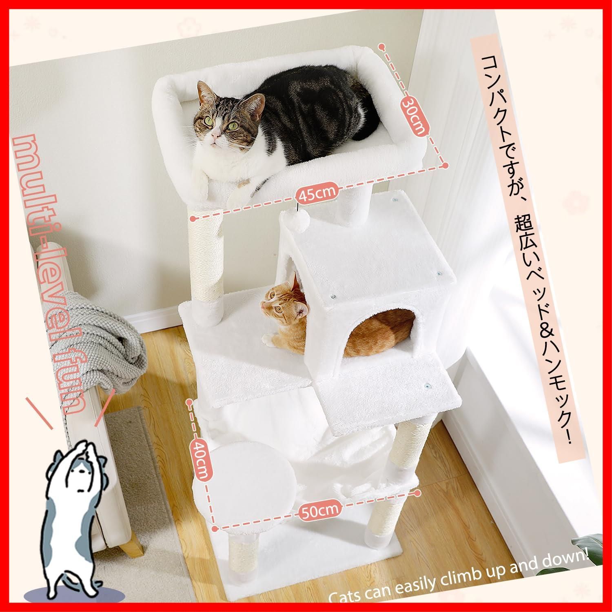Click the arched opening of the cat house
point(377,330)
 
